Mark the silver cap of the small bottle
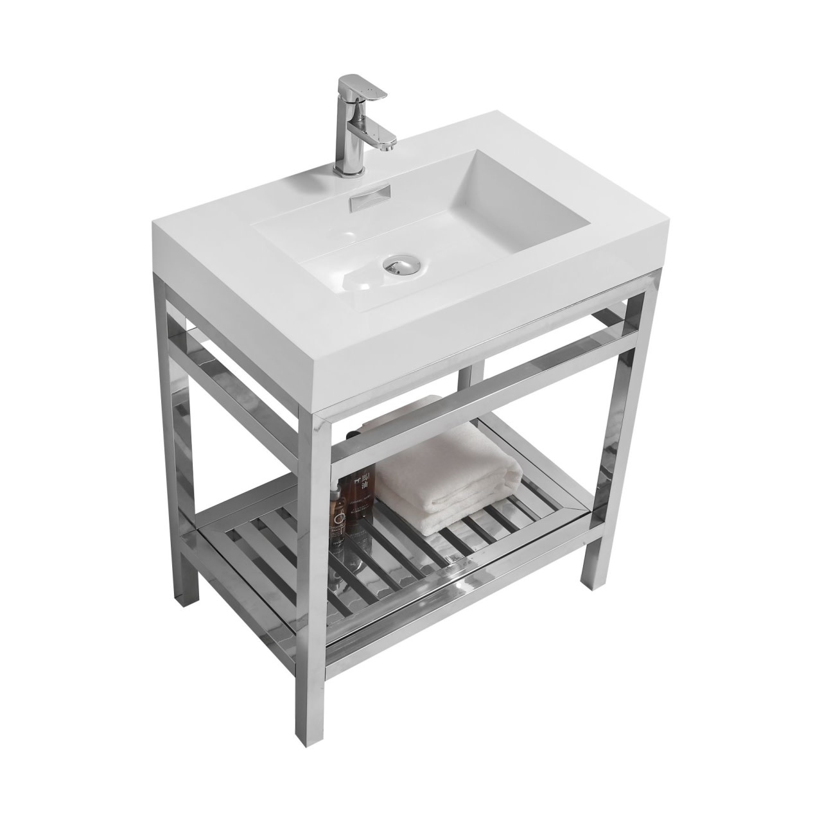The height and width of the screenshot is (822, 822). (x=335, y=491)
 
